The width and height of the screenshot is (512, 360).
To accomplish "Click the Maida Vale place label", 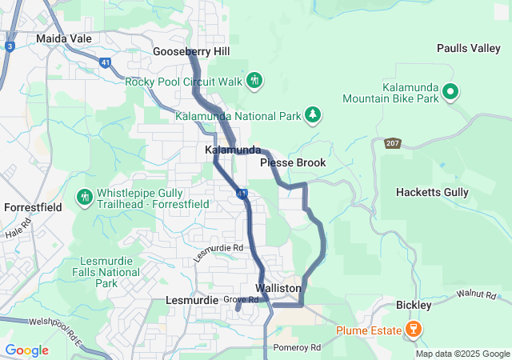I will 64,38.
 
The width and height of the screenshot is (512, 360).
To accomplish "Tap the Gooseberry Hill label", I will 191,51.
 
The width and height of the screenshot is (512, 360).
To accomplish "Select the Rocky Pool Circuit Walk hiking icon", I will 255,81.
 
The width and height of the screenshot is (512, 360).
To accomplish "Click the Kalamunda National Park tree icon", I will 313,117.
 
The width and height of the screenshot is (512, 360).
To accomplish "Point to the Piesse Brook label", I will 293,163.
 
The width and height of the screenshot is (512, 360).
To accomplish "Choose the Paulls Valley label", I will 468,49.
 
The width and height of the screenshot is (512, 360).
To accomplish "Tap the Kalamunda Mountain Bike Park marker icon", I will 450,92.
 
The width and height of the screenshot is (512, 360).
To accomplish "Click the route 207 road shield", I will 392,143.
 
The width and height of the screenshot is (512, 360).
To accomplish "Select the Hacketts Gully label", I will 433,193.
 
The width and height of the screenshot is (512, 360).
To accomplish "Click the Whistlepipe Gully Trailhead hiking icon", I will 85,196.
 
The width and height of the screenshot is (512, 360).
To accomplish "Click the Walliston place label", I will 278,288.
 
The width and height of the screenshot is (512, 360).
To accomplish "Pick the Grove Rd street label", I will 241,300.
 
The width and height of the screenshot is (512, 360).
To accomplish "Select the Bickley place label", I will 414,306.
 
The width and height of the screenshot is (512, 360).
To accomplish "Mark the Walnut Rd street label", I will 478,296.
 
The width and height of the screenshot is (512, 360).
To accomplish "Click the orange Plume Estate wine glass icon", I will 414,329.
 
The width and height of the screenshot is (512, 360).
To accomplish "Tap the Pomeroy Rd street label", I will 297,348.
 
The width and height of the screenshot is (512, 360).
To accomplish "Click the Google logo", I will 26,350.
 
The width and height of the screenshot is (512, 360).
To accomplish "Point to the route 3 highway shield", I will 9,46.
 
